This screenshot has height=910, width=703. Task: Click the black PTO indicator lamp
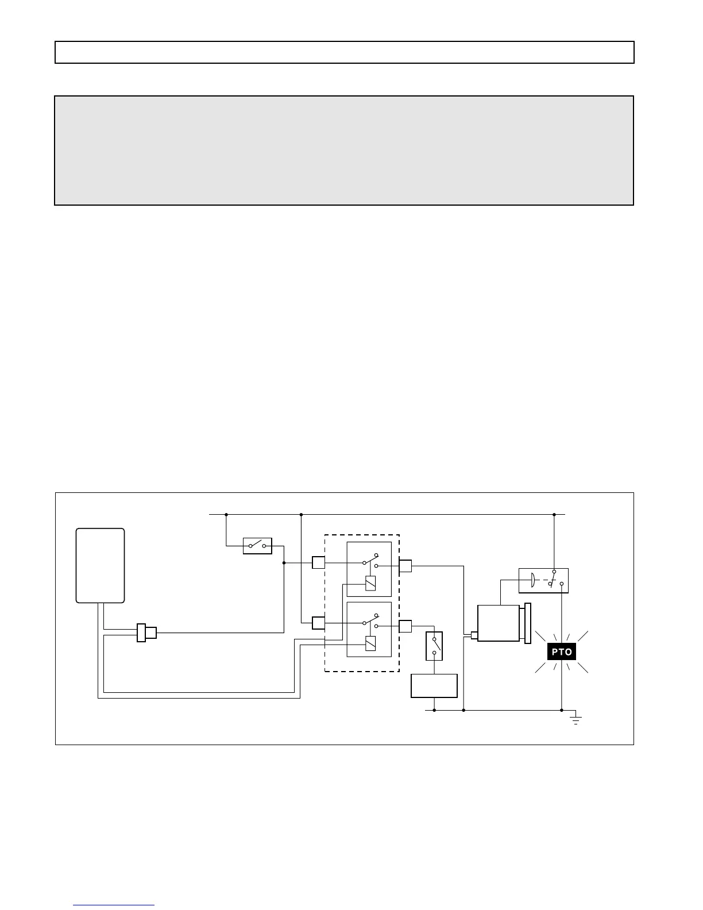[561, 652]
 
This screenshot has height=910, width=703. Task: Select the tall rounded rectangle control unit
[101, 565]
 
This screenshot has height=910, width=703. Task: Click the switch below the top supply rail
[257, 545]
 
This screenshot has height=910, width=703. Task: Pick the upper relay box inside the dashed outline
[369, 569]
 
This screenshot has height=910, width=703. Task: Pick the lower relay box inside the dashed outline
[369, 629]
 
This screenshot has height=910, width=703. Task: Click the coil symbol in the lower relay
[370, 643]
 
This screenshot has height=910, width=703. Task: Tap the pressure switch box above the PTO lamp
[543, 580]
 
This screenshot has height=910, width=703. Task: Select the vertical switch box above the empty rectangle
[434, 646]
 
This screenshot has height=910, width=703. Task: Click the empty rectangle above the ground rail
[434, 685]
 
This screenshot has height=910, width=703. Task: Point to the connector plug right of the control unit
[146, 633]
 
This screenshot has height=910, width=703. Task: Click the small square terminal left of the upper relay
[319, 562]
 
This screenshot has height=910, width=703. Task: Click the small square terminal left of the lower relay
[319, 622]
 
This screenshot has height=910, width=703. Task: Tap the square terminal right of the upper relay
[405, 566]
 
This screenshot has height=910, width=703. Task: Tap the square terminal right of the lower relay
[405, 626]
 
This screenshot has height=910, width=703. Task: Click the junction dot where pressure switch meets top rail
[554, 514]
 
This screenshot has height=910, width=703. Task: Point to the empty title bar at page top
[344, 52]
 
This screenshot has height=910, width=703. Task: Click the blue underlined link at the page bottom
[114, 905]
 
